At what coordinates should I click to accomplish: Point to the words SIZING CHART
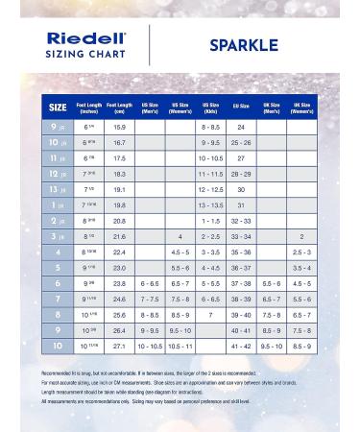pos(87,55)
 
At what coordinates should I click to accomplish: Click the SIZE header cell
pos(58,106)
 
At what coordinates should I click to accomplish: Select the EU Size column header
pos(241,106)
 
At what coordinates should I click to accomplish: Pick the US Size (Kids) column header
pos(210,106)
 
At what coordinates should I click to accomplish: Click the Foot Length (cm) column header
pos(119,106)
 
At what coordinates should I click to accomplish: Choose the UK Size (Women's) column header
pos(301,106)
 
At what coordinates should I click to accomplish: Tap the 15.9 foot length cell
pos(119,127)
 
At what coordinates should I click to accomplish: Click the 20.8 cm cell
pos(119,220)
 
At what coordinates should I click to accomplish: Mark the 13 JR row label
pos(58,189)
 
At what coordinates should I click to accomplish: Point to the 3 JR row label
pos(58,235)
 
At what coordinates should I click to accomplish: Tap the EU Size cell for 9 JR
pos(241,127)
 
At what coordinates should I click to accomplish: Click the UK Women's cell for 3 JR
pos(301,235)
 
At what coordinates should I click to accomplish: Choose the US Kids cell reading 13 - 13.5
pos(210,204)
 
